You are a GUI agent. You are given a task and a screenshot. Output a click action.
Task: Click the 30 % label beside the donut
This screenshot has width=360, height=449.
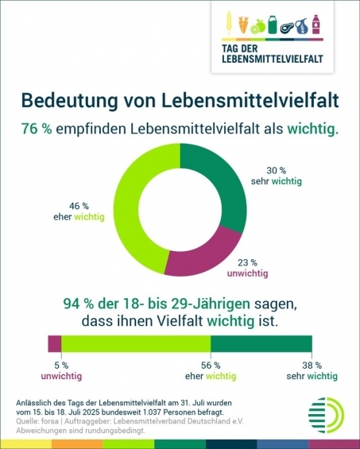click(277, 170)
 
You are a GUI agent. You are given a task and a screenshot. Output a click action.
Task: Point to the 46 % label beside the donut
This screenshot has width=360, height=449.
click(79, 206)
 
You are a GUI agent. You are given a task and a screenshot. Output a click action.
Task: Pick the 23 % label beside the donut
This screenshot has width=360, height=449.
click(247, 262)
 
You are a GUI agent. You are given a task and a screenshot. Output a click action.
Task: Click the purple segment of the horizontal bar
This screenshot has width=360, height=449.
click(55, 343)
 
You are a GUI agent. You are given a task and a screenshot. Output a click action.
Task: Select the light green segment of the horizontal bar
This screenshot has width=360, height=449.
click(136, 343)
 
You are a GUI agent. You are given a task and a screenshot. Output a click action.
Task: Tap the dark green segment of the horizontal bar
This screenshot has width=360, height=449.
click(261, 343)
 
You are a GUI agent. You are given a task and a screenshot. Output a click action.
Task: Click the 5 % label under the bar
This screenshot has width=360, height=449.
click(61, 366)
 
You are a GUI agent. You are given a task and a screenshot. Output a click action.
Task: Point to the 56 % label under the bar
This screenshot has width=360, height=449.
click(211, 366)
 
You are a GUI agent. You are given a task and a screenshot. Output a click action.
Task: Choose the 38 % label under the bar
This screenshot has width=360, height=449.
click(312, 366)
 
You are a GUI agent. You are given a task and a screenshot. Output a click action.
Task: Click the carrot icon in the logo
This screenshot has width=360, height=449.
click(243, 25)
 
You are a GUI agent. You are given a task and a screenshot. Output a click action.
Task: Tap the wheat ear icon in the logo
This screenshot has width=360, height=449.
click(229, 23)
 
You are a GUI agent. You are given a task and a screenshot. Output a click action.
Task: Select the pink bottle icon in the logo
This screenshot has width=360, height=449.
click(315, 25)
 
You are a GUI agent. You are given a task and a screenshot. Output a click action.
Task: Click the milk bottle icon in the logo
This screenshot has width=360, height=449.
click(273, 25)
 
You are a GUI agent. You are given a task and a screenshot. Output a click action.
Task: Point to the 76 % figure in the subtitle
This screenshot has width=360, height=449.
click(37, 130)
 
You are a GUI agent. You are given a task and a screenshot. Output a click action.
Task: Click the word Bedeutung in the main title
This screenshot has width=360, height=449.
click(69, 100)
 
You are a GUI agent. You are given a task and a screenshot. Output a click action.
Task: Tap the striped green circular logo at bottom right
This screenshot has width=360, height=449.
click(326, 415)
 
